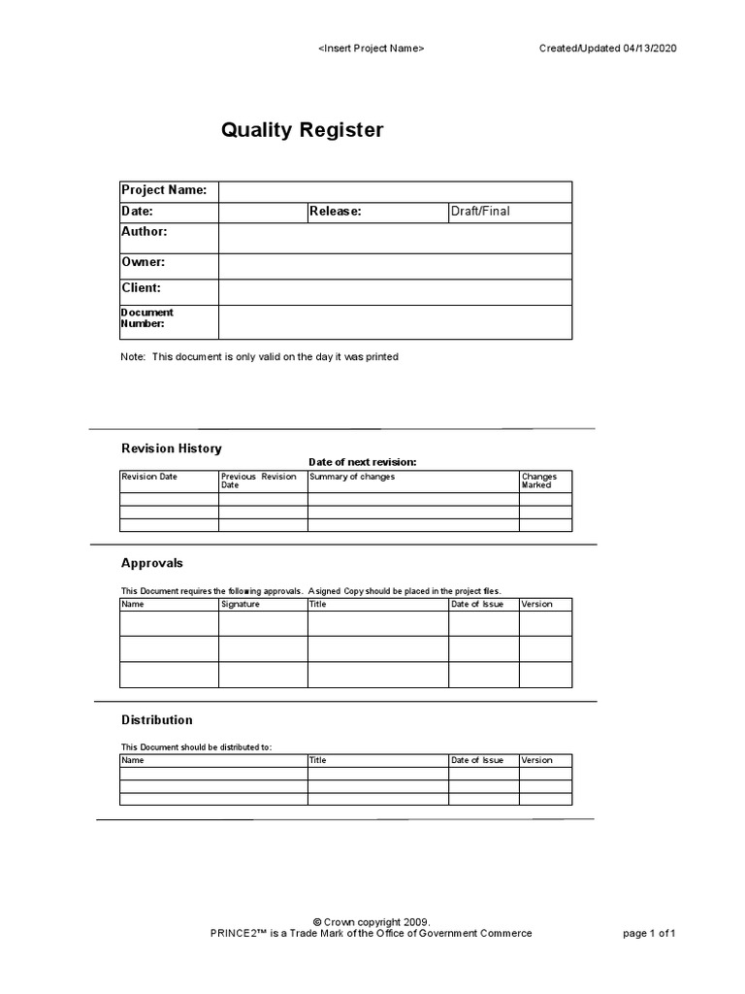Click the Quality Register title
[x=303, y=130]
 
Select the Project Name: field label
[x=164, y=190]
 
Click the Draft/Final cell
[x=479, y=212]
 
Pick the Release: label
[x=336, y=212]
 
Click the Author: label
[x=145, y=232]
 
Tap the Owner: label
[x=144, y=262]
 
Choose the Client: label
[x=142, y=288]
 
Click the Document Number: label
[x=147, y=318]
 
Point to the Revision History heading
[x=171, y=448]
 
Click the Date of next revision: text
[x=362, y=462]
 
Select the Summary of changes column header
[x=352, y=477]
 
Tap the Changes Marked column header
[x=539, y=480]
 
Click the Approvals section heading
[x=151, y=563]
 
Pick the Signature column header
[x=241, y=604]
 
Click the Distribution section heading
[x=156, y=720]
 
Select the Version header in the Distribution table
[x=536, y=760]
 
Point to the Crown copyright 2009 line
[x=372, y=921]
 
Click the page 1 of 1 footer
[x=648, y=934]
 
